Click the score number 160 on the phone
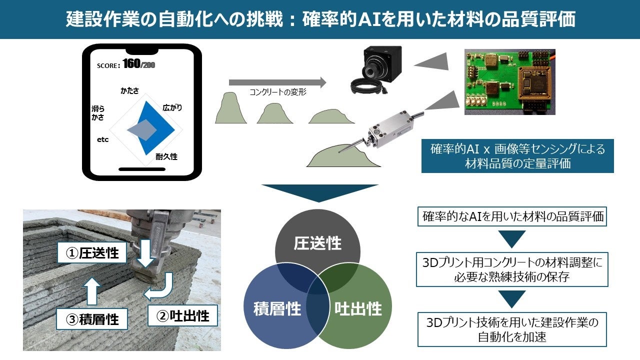pos(131,63)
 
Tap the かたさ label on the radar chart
pos(129,91)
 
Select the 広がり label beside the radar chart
pos(172,107)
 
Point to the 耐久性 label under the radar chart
pos(166,156)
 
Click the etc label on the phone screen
pos(103,139)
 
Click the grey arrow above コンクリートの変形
pos(277,82)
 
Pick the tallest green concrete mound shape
pos(231,107)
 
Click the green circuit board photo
pos(509,82)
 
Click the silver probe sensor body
pos(390,130)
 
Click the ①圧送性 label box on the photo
pos(92,252)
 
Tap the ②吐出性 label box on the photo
pos(182,315)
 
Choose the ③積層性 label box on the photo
pos(92,319)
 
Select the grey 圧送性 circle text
pos(317,243)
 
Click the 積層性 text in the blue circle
pos(277,309)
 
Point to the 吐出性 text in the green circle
pos(358,309)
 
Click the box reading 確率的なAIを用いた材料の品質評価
pos(512,216)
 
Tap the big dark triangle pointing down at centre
pos(319,191)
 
